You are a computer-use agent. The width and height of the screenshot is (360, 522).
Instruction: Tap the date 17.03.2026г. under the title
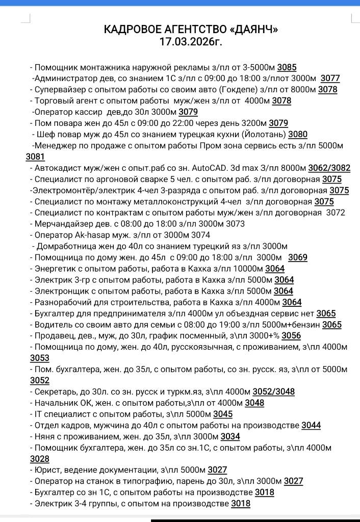point(191,42)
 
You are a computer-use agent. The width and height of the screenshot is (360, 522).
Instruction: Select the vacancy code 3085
point(287,67)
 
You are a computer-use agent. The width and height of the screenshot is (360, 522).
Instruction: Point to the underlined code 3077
point(330,79)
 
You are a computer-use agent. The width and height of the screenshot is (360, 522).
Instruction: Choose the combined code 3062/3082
point(332,168)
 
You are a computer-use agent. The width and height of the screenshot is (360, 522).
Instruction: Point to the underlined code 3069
point(297,257)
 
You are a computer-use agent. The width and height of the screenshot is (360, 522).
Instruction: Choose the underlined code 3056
point(291,336)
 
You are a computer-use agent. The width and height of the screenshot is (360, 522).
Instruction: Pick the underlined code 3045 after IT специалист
point(223,414)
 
